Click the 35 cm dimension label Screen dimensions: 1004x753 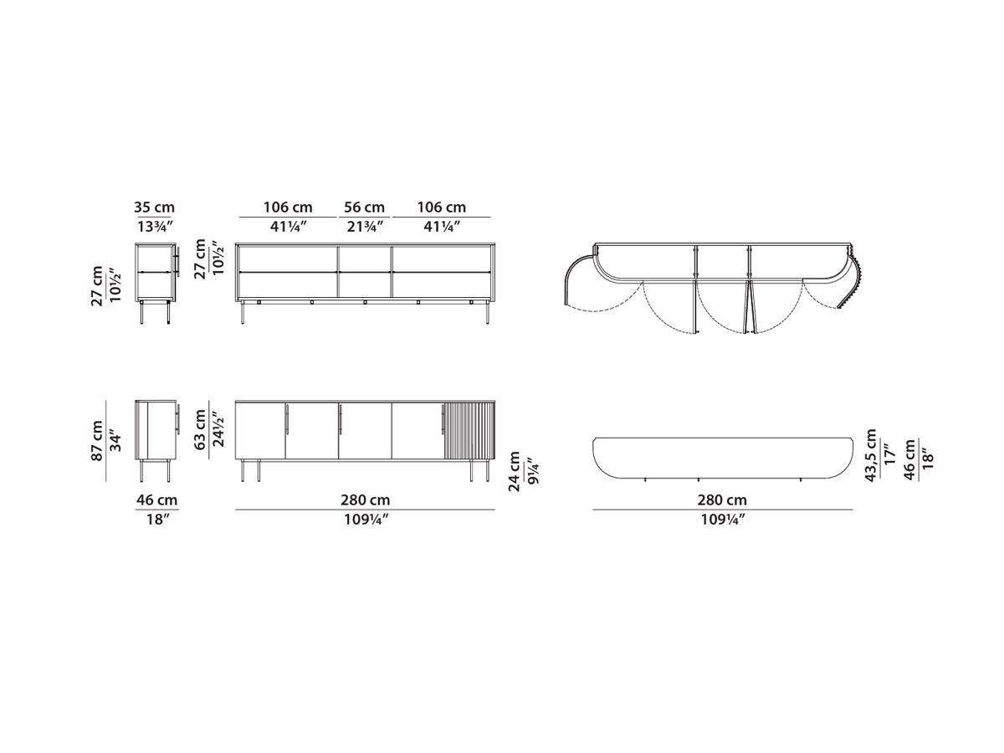(154, 207)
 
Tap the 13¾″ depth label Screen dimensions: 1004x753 (155, 226)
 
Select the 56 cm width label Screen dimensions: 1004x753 (364, 207)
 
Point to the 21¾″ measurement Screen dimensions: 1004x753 (364, 226)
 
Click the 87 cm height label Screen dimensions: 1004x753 (97, 441)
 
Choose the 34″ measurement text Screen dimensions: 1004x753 (116, 441)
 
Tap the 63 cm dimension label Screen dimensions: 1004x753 (200, 430)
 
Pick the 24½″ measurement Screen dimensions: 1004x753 (219, 430)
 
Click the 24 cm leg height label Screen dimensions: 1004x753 (515, 471)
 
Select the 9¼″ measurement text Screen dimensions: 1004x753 (533, 471)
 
